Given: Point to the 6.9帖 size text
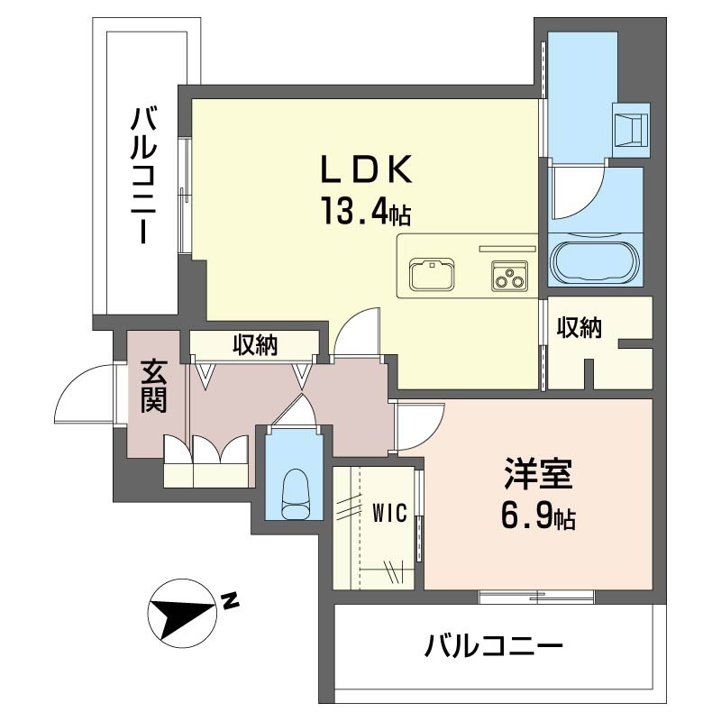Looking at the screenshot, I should [539, 517].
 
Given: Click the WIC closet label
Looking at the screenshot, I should [389, 513].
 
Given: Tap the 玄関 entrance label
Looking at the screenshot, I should [153, 387].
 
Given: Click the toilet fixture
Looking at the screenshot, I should [295, 494].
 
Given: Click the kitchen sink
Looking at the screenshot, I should [432, 274].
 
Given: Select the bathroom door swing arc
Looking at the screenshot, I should [578, 195].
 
